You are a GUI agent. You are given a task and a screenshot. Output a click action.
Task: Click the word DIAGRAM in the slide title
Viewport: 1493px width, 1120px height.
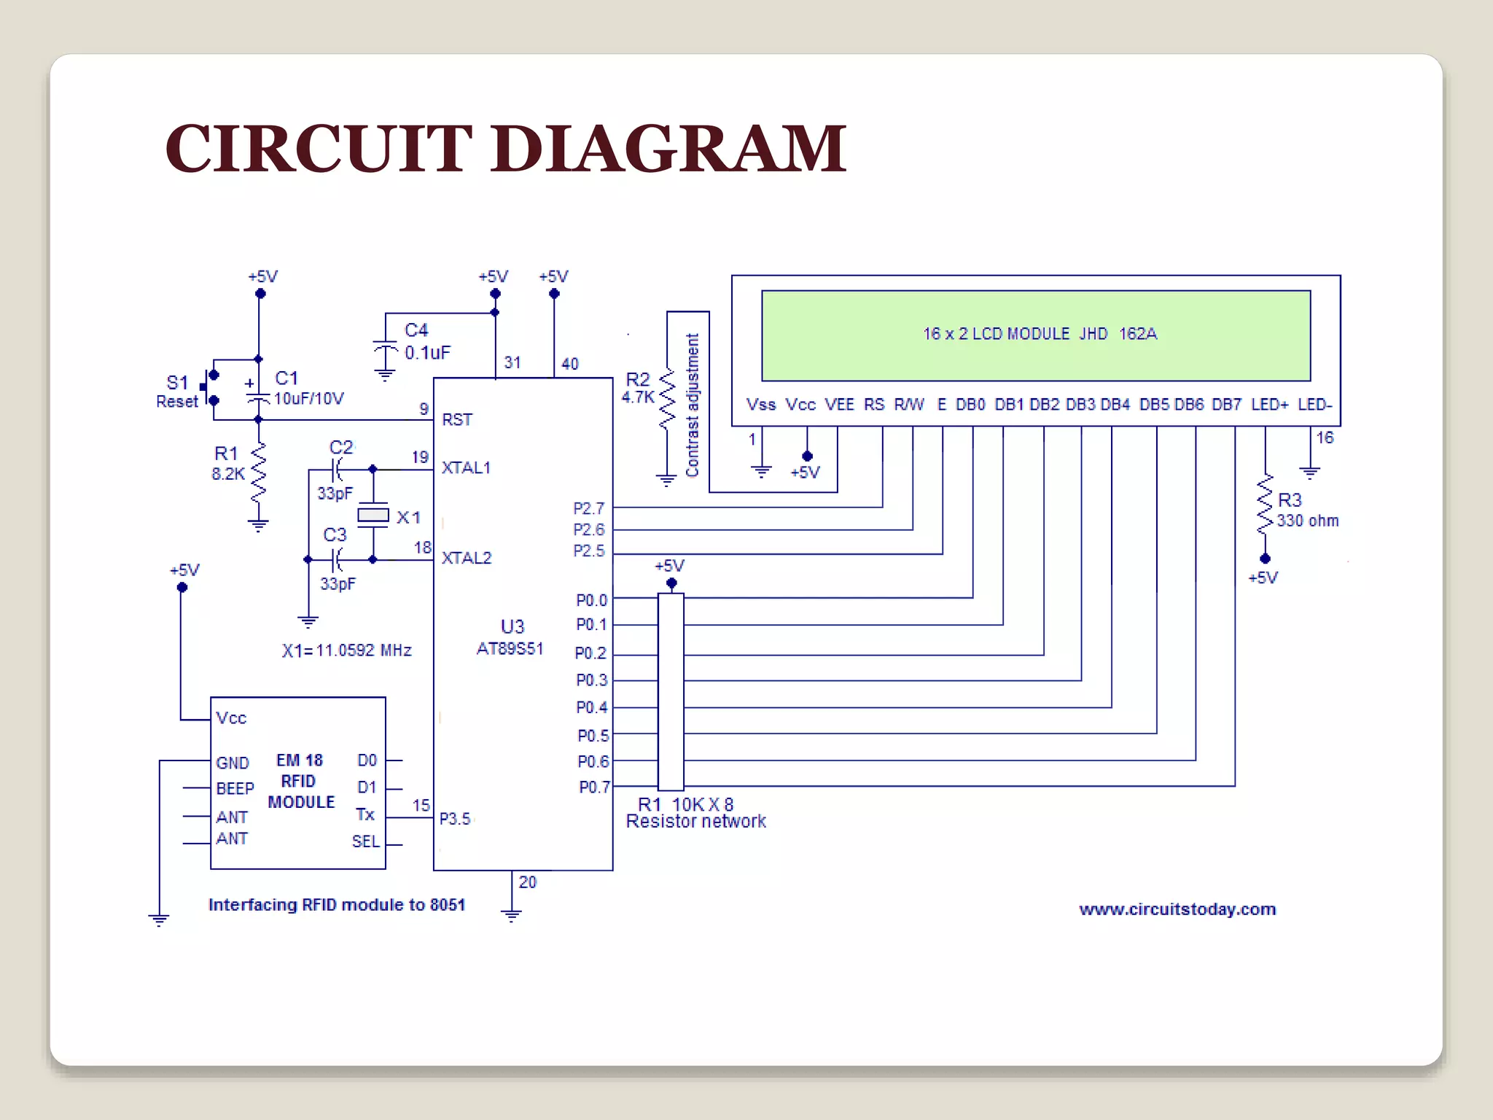tap(668, 149)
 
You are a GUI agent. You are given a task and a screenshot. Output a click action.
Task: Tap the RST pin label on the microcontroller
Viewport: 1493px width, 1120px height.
tap(457, 420)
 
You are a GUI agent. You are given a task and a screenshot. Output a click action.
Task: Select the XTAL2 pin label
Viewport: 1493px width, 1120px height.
tap(467, 558)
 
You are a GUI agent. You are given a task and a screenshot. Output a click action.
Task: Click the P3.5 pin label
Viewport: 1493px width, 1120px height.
tap(455, 819)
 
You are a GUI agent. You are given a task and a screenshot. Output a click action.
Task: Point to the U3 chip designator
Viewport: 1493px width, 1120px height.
tap(512, 626)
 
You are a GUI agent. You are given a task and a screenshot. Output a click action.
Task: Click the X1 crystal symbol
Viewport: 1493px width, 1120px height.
tap(373, 516)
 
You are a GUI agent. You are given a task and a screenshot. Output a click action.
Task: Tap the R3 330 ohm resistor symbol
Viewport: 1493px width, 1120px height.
tap(1265, 505)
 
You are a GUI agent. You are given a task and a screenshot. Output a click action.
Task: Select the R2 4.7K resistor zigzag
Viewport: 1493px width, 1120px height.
tap(666, 400)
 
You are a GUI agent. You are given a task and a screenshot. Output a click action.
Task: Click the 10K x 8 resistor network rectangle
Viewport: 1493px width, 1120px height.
tap(671, 691)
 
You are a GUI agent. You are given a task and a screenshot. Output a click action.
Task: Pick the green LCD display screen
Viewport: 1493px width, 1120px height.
tap(1035, 335)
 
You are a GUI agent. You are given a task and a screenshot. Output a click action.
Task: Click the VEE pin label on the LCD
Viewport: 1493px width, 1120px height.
tap(839, 405)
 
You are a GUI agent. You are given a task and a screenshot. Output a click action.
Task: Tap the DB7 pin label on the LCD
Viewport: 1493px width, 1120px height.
tap(1226, 405)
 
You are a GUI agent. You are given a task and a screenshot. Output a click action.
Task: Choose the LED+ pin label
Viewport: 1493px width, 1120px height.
tap(1269, 405)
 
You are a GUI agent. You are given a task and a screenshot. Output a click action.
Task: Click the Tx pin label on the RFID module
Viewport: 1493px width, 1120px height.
tap(365, 814)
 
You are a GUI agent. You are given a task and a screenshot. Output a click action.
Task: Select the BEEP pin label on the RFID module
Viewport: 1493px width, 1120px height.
tap(235, 789)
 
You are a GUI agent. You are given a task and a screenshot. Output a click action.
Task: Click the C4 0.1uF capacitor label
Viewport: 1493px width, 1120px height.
tap(427, 341)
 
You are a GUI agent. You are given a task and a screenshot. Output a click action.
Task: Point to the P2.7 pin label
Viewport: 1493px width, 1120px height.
tap(588, 508)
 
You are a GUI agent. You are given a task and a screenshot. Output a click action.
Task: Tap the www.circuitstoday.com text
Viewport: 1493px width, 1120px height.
tap(1177, 909)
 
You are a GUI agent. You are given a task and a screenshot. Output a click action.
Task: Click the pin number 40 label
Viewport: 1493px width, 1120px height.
tap(570, 364)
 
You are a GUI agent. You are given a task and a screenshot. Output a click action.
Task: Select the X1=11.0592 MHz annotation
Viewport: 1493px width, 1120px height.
tap(347, 650)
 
